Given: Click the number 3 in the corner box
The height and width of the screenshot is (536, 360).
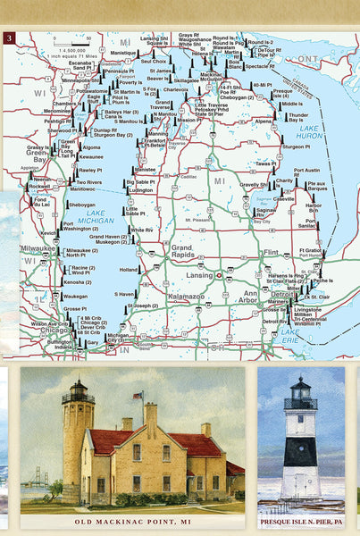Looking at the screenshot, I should click(10, 38).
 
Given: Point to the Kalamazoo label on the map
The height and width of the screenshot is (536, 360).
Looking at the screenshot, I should click(187, 295).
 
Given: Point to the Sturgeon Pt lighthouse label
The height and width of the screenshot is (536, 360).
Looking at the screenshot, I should click(297, 146).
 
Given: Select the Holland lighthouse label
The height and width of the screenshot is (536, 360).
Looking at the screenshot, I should click(130, 269).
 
